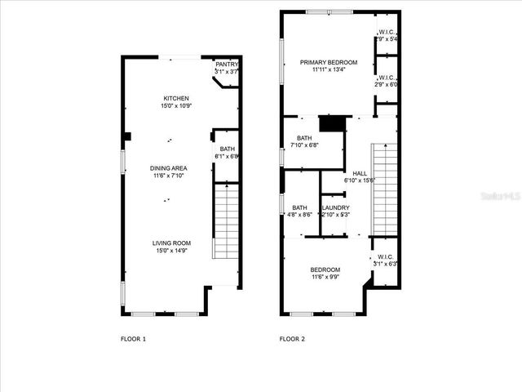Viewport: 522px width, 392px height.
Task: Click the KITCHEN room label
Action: click(x=175, y=99)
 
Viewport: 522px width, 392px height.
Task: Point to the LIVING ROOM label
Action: click(x=170, y=243)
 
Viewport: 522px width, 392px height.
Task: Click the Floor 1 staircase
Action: click(x=225, y=220)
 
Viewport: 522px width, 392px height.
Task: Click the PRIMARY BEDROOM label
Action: click(x=328, y=62)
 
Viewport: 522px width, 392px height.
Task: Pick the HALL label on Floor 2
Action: click(x=360, y=173)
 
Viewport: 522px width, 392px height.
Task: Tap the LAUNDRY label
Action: click(x=335, y=207)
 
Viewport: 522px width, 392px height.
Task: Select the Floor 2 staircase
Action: click(x=384, y=188)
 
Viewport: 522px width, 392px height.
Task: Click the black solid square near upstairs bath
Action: click(x=330, y=124)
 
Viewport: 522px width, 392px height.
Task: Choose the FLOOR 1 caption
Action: click(x=133, y=338)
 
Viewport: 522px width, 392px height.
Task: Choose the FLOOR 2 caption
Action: click(x=292, y=338)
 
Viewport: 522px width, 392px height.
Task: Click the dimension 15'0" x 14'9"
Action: click(x=170, y=251)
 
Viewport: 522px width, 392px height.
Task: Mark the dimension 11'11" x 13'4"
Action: click(x=328, y=70)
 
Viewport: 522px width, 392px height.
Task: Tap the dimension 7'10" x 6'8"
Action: click(x=304, y=145)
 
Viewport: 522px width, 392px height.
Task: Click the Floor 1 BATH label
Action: click(x=226, y=149)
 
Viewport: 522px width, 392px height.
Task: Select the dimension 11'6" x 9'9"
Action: click(x=325, y=278)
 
